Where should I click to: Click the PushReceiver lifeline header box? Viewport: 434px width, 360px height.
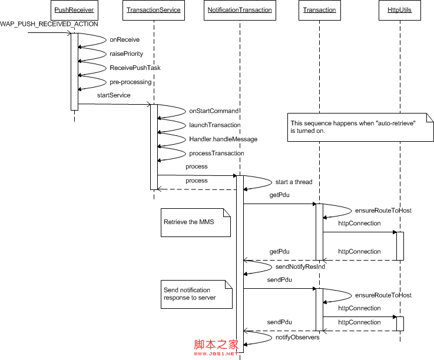tap(74, 10)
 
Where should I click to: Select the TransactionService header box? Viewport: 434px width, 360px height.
tap(154, 10)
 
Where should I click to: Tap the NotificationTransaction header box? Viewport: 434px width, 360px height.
tap(240, 10)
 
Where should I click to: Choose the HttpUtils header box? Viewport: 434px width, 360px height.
tap(400, 10)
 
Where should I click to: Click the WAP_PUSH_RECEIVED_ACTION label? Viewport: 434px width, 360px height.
tap(41, 24)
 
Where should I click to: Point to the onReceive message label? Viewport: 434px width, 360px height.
tap(125, 39)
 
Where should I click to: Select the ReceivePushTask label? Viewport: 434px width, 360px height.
tap(135, 68)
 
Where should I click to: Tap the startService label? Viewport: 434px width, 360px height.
tap(114, 95)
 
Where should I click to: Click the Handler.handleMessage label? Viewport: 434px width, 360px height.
tap(223, 139)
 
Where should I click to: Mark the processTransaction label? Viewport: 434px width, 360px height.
tap(217, 153)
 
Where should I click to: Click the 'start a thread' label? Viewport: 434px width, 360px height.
tap(294, 182)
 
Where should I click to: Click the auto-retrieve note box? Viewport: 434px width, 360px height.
tap(359, 127)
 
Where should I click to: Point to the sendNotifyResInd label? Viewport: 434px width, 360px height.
tap(300, 266)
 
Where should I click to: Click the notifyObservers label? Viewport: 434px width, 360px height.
tap(297, 337)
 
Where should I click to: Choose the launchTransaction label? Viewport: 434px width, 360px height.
tap(215, 125)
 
